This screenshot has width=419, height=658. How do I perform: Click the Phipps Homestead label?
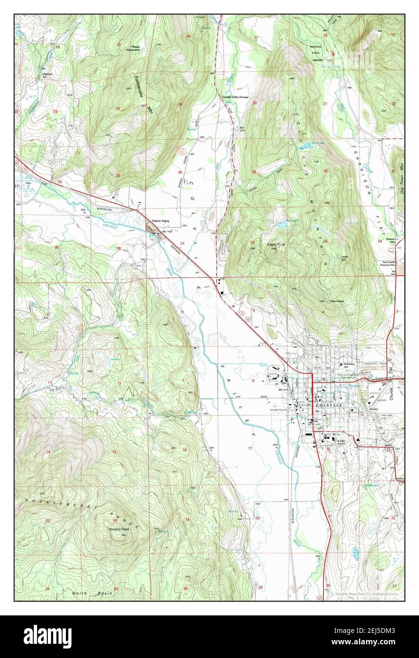point(135,49)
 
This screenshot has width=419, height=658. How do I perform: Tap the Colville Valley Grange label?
point(235,97)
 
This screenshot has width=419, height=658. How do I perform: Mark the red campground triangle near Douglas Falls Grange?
point(333,53)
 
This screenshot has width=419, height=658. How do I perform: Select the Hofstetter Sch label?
point(349,365)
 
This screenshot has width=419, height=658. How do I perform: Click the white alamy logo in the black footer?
point(47,636)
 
